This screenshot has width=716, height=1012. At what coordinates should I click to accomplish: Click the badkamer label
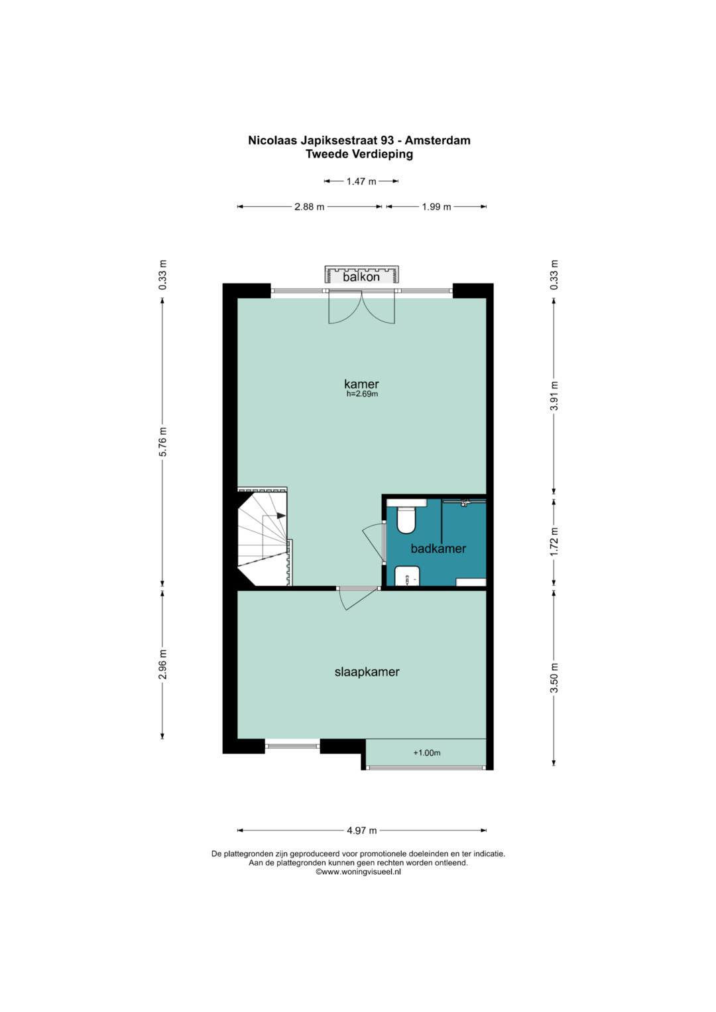(438, 549)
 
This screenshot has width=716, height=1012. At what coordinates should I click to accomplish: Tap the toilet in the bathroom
(406, 520)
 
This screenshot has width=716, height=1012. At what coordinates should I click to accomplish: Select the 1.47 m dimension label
(361, 182)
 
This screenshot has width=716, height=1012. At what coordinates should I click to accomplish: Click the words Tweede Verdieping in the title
(359, 154)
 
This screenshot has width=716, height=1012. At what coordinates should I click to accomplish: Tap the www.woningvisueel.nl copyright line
(358, 872)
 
